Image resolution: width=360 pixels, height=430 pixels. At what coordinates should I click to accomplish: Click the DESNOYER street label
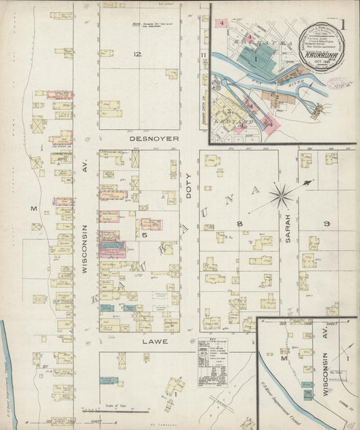tap(154, 138)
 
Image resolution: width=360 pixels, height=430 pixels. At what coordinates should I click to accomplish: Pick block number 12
tap(137, 54)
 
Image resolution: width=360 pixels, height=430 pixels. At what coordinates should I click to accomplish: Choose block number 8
tap(239, 223)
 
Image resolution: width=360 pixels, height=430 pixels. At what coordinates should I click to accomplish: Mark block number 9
tap(326, 223)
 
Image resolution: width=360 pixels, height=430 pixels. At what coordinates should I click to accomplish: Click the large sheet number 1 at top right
tap(343, 24)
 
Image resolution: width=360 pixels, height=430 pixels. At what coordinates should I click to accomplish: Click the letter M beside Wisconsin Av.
tap(33, 209)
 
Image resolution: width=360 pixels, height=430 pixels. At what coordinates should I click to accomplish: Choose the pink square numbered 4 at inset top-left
tap(222, 22)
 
